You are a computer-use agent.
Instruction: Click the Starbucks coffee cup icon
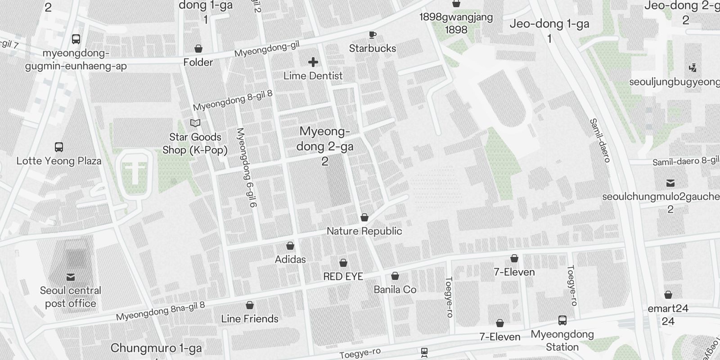coord(372,35)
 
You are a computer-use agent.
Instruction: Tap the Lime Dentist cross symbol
coord(313,62)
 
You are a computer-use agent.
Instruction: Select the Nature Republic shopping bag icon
coord(364,218)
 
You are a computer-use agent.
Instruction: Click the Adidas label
coord(290,260)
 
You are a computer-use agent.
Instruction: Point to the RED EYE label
coord(343,276)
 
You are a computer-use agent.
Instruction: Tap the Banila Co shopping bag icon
coord(395,276)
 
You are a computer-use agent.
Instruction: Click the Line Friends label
coord(250,319)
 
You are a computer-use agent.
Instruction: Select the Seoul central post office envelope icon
coord(71,277)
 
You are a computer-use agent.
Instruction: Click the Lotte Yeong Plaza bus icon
coord(58,147)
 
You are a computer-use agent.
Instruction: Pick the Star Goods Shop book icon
coord(195,123)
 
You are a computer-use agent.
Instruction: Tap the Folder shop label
coord(198,62)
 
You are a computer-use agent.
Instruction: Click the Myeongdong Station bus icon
coord(562,321)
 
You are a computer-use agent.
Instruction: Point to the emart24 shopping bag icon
coord(668,295)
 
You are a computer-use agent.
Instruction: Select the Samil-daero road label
coord(600,140)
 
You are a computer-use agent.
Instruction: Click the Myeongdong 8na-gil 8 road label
coord(161,311)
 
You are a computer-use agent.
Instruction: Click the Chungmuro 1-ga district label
coord(156,348)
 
